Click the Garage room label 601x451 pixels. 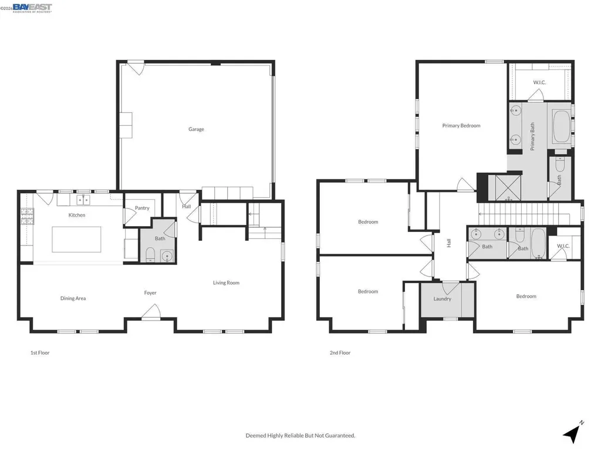click(x=196, y=129)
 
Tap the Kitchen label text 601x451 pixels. click(x=77, y=215)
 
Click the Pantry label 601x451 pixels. click(x=142, y=208)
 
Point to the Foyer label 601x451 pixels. click(x=150, y=292)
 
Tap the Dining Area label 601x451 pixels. click(x=73, y=298)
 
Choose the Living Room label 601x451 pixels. click(x=226, y=283)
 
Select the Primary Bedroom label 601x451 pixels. click(x=461, y=126)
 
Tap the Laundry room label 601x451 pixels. click(x=442, y=299)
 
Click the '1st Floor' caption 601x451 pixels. click(x=40, y=353)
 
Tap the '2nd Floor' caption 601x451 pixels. click(x=340, y=353)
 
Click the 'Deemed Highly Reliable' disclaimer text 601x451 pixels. click(x=300, y=435)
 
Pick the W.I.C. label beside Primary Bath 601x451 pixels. click(x=539, y=82)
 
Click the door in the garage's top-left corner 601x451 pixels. click(x=136, y=68)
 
